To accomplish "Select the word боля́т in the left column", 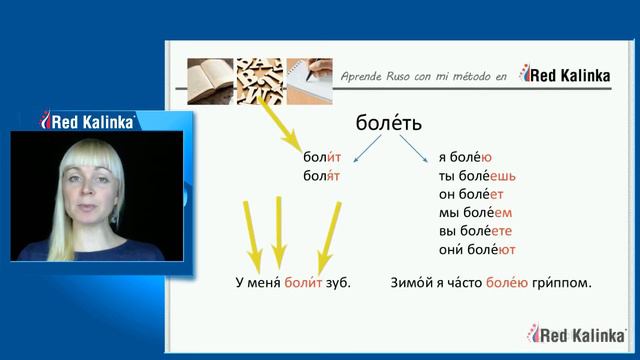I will [x=323, y=176].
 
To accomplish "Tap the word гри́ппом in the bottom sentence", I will [x=561, y=283].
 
